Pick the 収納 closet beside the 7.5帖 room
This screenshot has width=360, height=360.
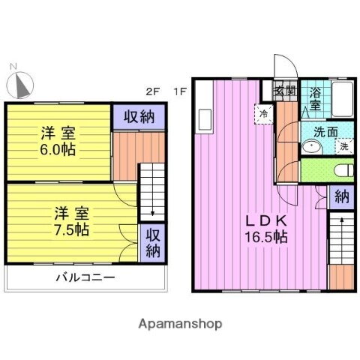pos(152,241)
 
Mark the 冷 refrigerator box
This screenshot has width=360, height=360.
pos(264,113)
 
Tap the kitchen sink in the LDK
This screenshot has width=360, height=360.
pos(205,118)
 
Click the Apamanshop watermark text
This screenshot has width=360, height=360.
pos(180,324)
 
